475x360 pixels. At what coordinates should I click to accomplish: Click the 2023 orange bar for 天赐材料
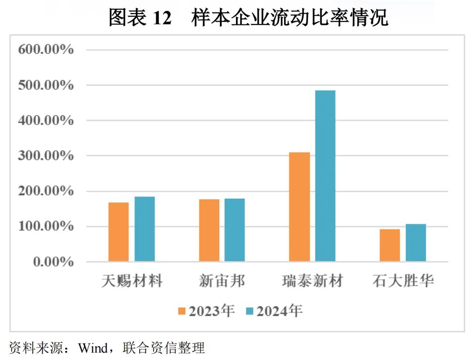[119, 232]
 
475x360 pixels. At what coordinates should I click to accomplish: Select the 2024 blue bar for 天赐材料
[144, 229]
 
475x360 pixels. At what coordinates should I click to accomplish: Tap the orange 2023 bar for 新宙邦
[209, 230]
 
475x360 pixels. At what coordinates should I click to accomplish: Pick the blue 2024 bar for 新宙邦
[234, 230]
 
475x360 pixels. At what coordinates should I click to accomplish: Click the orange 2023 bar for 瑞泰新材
[300, 207]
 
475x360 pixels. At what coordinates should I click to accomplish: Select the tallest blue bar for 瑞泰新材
[325, 176]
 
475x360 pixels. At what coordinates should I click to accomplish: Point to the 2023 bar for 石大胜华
[390, 245]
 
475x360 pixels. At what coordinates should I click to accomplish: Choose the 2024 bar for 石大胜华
[416, 243]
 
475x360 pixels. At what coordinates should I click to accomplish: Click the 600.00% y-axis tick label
[46, 50]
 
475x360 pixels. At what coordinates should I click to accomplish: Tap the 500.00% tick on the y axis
[46, 85]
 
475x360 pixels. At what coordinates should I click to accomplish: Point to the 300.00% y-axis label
[46, 156]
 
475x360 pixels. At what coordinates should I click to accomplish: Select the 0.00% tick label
[53, 262]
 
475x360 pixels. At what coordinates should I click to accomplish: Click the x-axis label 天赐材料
[132, 281]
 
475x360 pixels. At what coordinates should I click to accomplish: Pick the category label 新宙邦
[222, 281]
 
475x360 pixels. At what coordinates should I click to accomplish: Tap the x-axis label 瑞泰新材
[312, 281]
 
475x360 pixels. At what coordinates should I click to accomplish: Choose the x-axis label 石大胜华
[403, 281]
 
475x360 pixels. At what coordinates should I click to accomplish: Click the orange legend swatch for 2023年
[182, 311]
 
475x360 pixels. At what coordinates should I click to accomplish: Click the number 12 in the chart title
[162, 18]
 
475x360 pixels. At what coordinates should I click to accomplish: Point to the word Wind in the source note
[93, 348]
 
